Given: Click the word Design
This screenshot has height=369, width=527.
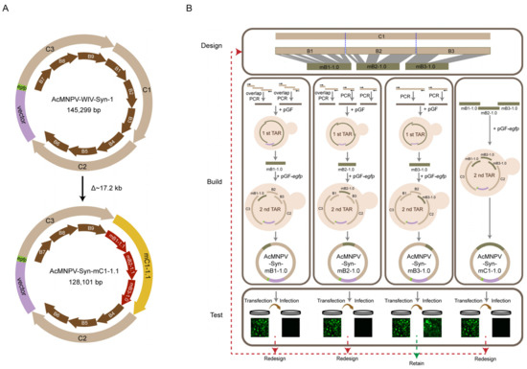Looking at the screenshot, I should point(215,45).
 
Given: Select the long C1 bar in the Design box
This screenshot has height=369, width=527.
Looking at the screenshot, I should point(379,35).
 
